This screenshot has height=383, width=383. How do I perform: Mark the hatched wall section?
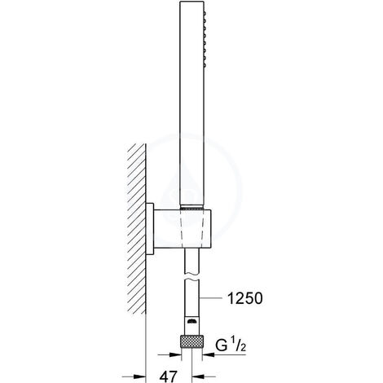pos(135,228)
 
